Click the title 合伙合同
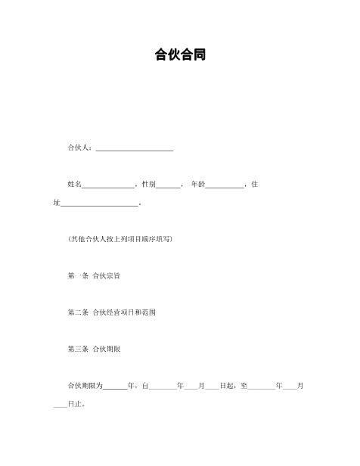click(180, 54)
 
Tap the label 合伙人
click(79, 148)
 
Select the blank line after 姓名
click(108, 185)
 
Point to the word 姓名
click(74, 185)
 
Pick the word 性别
click(148, 185)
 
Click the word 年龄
click(197, 185)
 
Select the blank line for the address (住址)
click(99, 203)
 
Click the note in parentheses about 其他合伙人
click(120, 239)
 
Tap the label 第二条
click(79, 312)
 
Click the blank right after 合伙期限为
click(115, 386)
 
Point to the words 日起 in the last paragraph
click(226, 386)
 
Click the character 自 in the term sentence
click(144, 386)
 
